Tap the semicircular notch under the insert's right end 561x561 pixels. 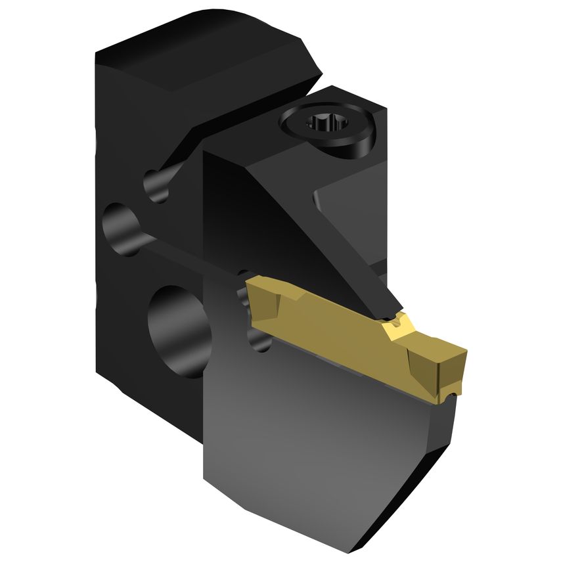449,395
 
